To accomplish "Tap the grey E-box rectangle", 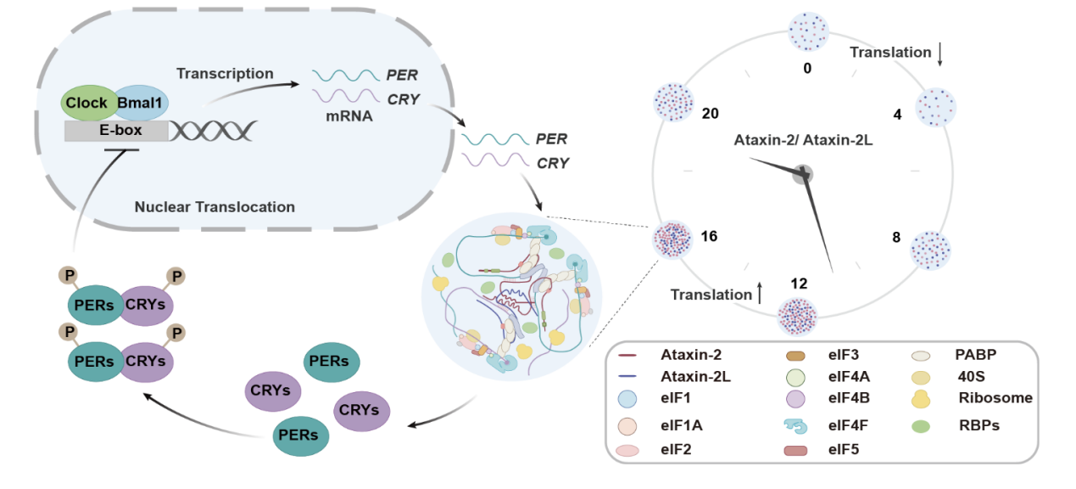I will point(116,130).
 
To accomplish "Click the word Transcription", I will point(225,74).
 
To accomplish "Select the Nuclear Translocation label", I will point(215,206).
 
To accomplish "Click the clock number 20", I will point(711,112).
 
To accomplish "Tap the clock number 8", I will point(896,238).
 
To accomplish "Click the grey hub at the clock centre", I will point(802,174).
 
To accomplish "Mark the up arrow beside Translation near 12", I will point(760,294).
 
